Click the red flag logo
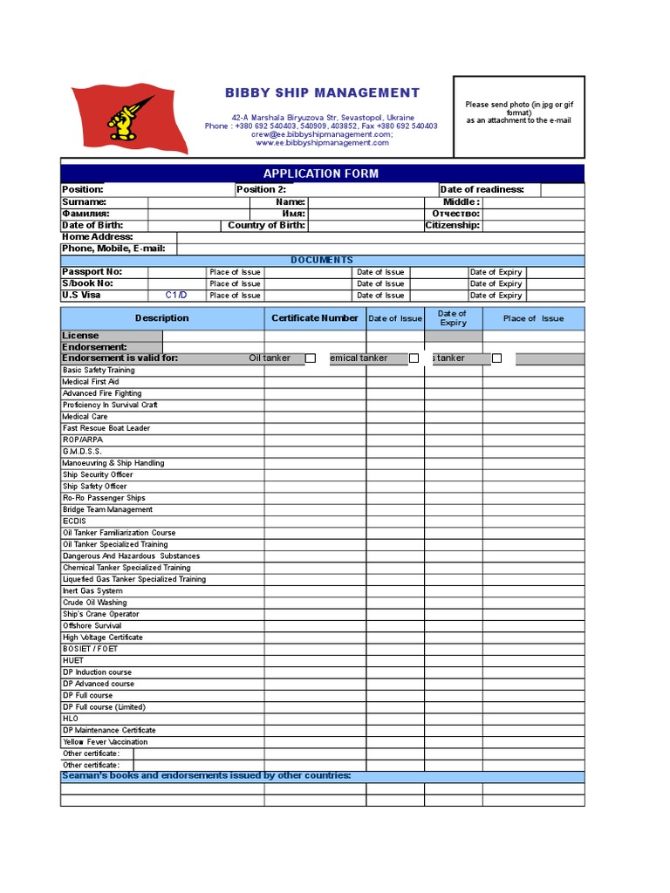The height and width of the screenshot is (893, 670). (x=128, y=118)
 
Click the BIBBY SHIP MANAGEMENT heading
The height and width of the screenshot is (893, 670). (x=322, y=92)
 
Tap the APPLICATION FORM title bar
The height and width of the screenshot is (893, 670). (x=322, y=174)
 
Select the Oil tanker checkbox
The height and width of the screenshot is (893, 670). (x=310, y=358)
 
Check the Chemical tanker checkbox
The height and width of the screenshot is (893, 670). (x=414, y=358)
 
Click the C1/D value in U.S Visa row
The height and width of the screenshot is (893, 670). (x=176, y=295)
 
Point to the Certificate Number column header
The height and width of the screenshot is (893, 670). (x=314, y=318)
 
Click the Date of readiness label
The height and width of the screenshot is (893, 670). (x=482, y=190)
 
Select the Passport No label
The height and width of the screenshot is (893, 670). (x=92, y=272)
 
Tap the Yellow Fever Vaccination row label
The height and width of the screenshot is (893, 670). (x=105, y=742)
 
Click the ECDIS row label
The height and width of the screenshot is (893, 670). (x=74, y=521)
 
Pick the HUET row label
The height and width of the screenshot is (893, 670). (x=73, y=661)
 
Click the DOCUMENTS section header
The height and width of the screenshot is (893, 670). (x=322, y=260)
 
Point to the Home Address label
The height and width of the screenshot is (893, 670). (x=97, y=237)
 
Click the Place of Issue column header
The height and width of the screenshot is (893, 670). (x=533, y=318)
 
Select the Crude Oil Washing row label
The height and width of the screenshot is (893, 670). (x=94, y=603)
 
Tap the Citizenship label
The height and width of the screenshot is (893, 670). (x=452, y=225)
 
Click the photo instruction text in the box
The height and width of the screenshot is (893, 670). (x=518, y=112)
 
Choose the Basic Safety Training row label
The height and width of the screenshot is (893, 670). (x=99, y=371)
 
